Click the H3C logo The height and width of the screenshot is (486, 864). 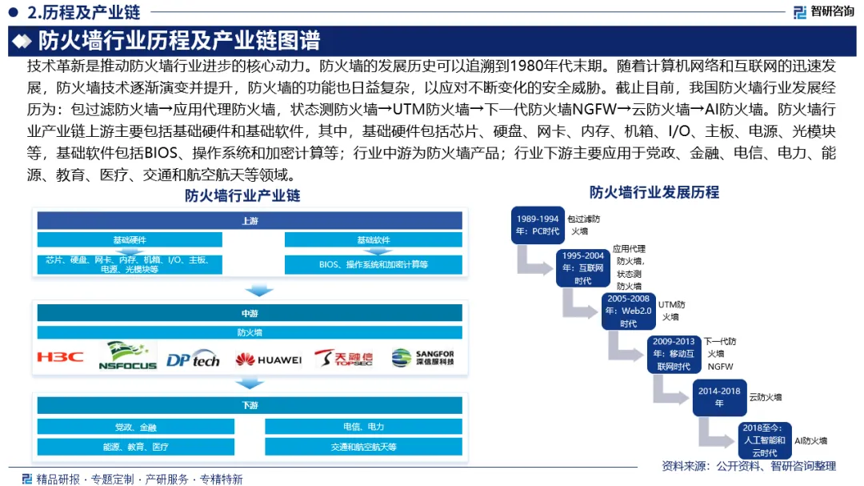click(60, 357)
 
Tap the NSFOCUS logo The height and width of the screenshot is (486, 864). click(126, 356)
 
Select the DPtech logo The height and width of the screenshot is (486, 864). click(192, 359)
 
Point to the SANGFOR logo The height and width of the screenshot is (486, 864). click(422, 358)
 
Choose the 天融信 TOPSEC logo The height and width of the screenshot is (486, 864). click(343, 358)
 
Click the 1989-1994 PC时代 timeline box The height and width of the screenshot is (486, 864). click(538, 225)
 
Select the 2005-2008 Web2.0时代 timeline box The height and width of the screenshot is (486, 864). click(628, 311)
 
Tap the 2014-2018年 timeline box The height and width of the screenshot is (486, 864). click(718, 397)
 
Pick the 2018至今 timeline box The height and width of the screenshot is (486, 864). click(764, 440)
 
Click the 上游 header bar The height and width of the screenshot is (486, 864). click(250, 220)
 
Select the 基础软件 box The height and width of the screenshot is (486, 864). click(374, 239)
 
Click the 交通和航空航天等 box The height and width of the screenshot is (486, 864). click(364, 447)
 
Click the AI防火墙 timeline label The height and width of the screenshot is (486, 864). click(810, 440)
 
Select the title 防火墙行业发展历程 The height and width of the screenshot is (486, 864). click(654, 192)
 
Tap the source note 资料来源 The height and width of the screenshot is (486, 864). click(748, 466)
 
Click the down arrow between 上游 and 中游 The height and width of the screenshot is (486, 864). click(258, 289)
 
